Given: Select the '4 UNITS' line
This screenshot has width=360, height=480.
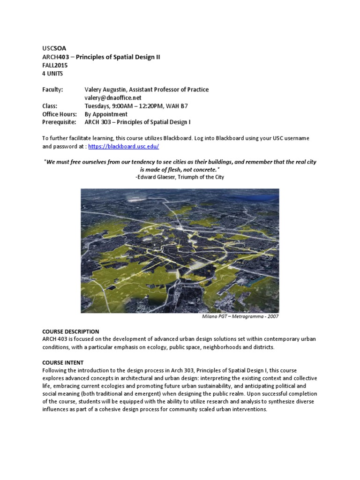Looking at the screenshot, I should click(52, 74).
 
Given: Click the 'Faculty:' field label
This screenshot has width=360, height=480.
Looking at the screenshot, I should click(52, 90).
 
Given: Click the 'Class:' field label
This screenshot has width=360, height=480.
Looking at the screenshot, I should click(50, 106).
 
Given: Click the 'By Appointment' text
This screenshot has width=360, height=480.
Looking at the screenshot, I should click(105, 114).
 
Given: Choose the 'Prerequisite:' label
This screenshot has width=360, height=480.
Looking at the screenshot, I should click(59, 122).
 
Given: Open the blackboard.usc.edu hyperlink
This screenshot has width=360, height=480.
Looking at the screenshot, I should click(123, 146).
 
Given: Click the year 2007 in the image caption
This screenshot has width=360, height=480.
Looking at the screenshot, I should click(273, 316).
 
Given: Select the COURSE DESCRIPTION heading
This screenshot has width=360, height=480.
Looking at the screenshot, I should click(70, 331).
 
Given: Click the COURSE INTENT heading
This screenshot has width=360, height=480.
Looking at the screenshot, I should click(63, 362).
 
